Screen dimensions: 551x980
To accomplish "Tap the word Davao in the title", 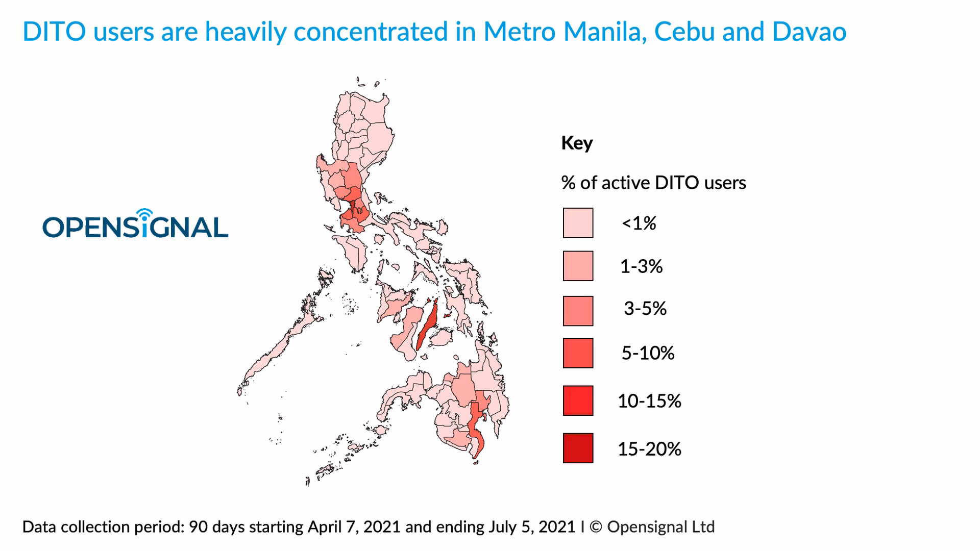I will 809,32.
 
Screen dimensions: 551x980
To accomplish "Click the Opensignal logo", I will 135,224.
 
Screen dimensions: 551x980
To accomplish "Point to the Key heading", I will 577,143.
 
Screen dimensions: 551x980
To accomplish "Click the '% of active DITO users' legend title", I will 653,183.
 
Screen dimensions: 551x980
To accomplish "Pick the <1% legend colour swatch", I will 578,223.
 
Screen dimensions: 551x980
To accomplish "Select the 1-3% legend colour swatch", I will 578,266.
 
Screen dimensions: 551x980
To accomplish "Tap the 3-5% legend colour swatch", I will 578,311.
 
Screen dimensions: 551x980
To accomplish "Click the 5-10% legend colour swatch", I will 578,353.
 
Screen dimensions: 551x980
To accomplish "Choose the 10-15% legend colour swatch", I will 578,400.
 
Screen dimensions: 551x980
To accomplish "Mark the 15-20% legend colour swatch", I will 578,448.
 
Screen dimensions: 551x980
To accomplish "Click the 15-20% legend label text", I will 649,449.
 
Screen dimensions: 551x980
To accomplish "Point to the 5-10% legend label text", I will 648,353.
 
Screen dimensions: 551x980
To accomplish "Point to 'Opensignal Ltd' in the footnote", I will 660,527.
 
